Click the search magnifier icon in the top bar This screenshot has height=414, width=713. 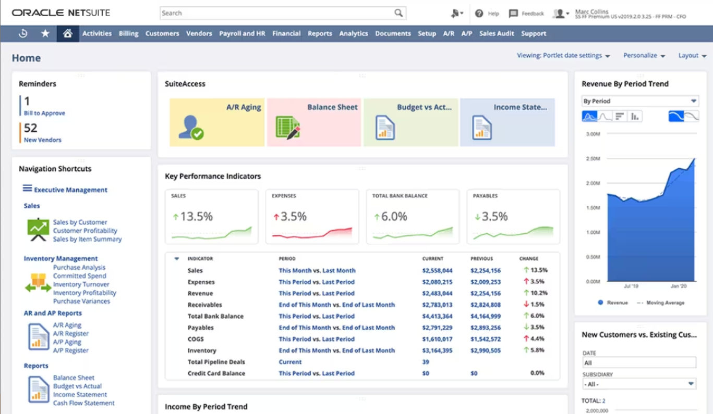(398, 13)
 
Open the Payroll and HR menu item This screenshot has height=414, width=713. (242, 33)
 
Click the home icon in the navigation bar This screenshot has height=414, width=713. (67, 33)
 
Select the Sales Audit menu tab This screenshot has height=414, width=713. (497, 33)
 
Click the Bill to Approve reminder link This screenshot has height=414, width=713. (44, 113)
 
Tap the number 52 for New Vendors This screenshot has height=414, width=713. (31, 128)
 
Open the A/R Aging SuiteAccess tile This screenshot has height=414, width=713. (217, 122)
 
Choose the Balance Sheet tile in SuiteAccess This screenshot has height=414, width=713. (314, 122)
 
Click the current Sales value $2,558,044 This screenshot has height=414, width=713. (437, 271)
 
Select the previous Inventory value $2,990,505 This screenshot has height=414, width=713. (485, 351)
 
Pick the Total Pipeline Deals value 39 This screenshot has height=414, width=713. (426, 362)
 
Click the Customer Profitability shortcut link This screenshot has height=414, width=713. (85, 231)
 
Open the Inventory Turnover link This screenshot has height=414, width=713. (81, 284)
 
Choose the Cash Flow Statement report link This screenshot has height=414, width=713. (83, 403)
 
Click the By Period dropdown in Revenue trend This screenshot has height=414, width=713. (640, 101)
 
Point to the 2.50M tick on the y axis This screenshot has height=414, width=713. (593, 159)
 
